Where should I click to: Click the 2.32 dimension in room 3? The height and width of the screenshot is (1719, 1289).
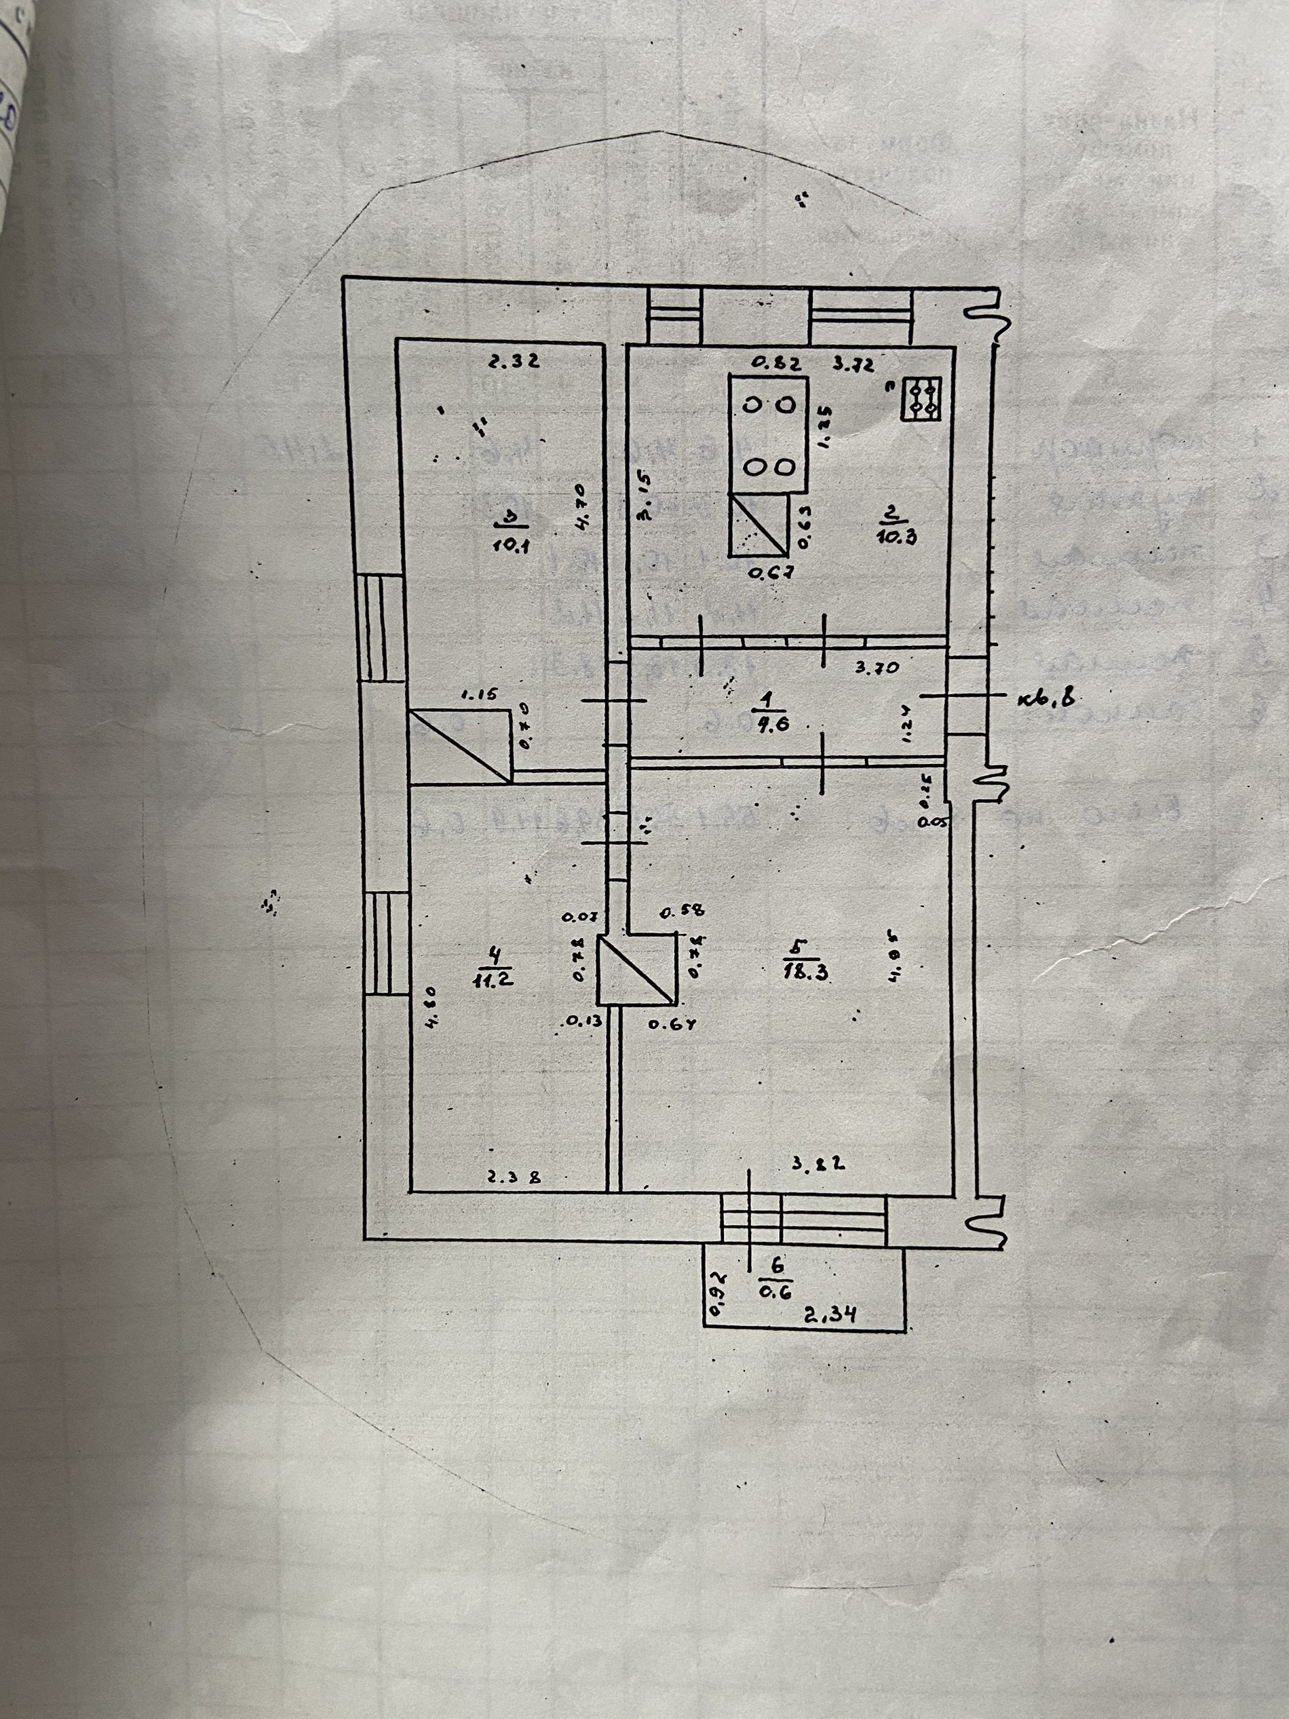514,360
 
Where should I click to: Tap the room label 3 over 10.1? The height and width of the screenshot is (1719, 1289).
512,530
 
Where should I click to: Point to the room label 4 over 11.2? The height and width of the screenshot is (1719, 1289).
493,965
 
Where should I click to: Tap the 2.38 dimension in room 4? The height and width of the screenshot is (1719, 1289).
514,1177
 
